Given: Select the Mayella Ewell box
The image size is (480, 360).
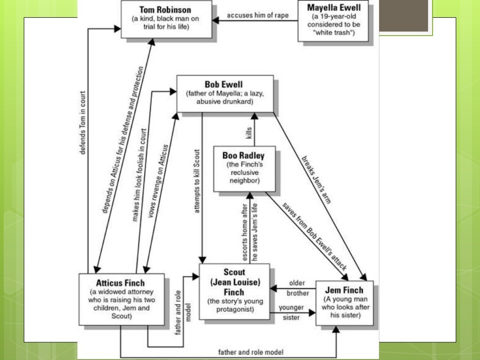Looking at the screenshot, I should (x=333, y=21).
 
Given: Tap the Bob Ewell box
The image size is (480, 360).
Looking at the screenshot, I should (x=225, y=94).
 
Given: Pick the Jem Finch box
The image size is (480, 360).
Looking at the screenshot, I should (x=344, y=303).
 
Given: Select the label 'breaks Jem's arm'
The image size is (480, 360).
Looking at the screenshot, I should (x=317, y=179).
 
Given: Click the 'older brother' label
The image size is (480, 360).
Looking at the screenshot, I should (x=297, y=288).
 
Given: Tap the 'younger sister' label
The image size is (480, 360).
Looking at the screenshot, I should (x=292, y=312).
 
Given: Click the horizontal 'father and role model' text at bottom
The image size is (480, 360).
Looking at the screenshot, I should (x=251, y=352).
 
